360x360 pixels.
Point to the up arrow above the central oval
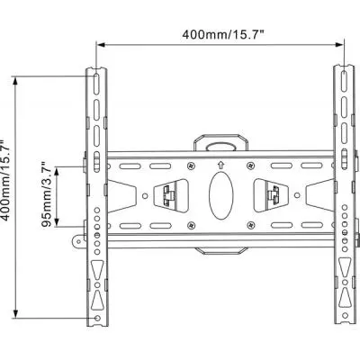[220, 164]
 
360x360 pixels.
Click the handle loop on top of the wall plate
[220, 141]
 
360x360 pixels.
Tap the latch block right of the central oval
[269, 193]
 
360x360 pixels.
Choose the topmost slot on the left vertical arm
[94, 82]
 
